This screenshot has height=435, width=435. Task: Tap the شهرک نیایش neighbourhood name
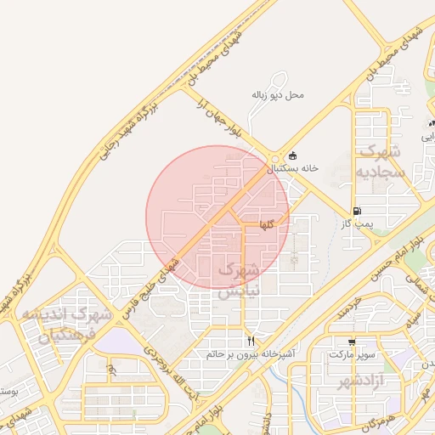(236, 280)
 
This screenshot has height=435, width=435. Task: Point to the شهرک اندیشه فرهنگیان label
(68, 325)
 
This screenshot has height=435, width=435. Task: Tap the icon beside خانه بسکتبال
(293, 155)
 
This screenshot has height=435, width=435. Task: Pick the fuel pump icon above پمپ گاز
(356, 211)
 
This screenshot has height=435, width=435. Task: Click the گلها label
(267, 225)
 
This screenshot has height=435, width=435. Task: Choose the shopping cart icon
(351, 342)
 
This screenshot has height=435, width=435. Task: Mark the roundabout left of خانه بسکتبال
(274, 159)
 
